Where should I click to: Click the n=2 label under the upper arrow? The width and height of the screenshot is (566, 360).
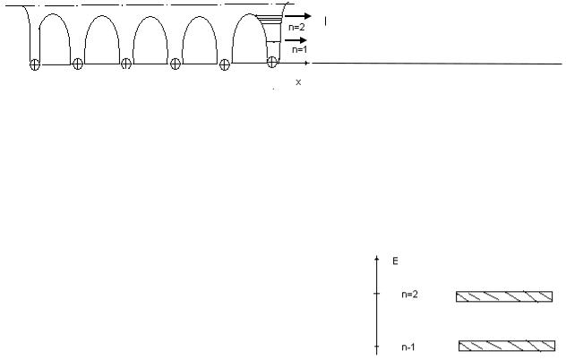pos(296,27)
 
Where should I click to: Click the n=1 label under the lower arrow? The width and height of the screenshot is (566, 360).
pos(299,49)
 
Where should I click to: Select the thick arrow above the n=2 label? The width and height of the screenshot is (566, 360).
pos(298,16)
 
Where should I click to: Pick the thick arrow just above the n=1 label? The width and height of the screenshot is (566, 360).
pos(296,40)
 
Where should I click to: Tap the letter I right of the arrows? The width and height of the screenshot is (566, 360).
pos(326,21)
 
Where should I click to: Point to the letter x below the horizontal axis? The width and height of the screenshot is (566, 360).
pos(298,82)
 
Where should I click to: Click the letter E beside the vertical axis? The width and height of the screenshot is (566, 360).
pos(395,261)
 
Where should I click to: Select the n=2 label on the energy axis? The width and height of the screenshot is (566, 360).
pos(409,295)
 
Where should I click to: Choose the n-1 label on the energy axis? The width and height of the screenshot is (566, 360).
pos(408,347)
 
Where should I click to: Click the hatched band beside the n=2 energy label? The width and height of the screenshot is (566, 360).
pos(504,296)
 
